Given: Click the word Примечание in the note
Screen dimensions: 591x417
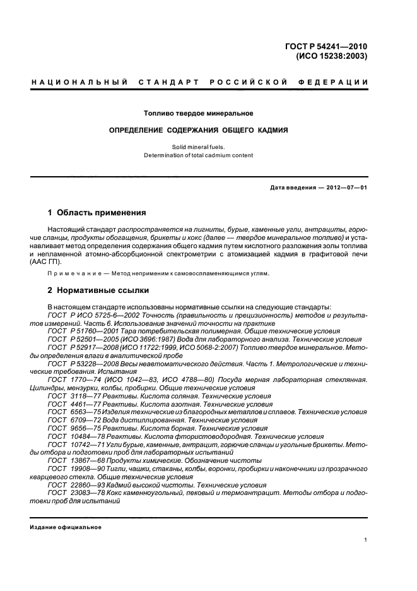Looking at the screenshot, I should [x=74, y=273].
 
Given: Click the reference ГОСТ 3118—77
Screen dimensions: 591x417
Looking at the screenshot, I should [x=71, y=396].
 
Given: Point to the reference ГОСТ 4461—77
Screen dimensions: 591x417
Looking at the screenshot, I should [x=71, y=404].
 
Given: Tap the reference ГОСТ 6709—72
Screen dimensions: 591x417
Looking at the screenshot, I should [x=71, y=420].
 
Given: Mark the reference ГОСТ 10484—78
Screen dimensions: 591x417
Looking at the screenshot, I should [x=74, y=436].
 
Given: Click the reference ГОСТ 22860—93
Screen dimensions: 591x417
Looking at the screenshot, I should [x=74, y=485].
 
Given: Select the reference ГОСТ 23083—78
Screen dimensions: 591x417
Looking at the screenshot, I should [x=74, y=492].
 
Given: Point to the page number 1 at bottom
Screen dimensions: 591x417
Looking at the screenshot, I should [x=366, y=540].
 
